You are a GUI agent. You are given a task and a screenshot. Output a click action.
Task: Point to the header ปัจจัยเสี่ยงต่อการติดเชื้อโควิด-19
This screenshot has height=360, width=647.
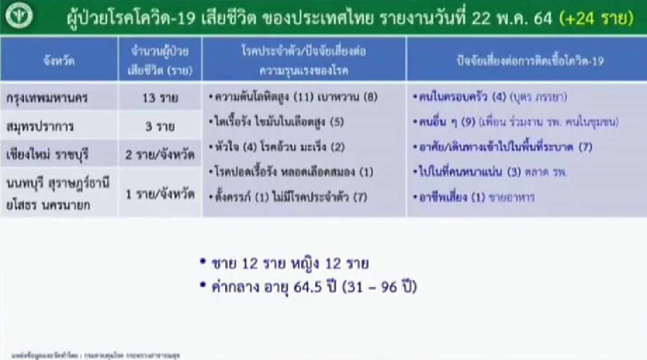(526, 61)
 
